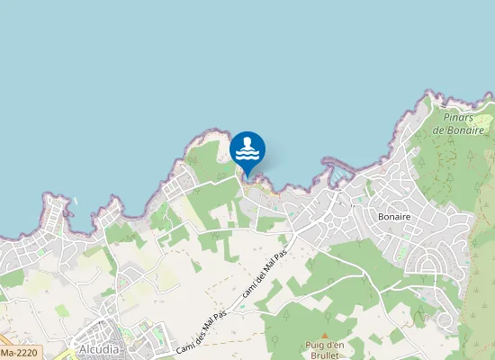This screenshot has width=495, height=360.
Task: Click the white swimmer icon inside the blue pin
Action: (247, 148)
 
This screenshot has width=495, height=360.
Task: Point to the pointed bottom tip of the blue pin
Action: (247, 175)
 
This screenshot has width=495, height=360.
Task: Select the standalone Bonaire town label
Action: (395, 218)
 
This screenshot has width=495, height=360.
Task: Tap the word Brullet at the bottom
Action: (324, 355)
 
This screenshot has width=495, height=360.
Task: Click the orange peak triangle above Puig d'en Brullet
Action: (325, 335)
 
